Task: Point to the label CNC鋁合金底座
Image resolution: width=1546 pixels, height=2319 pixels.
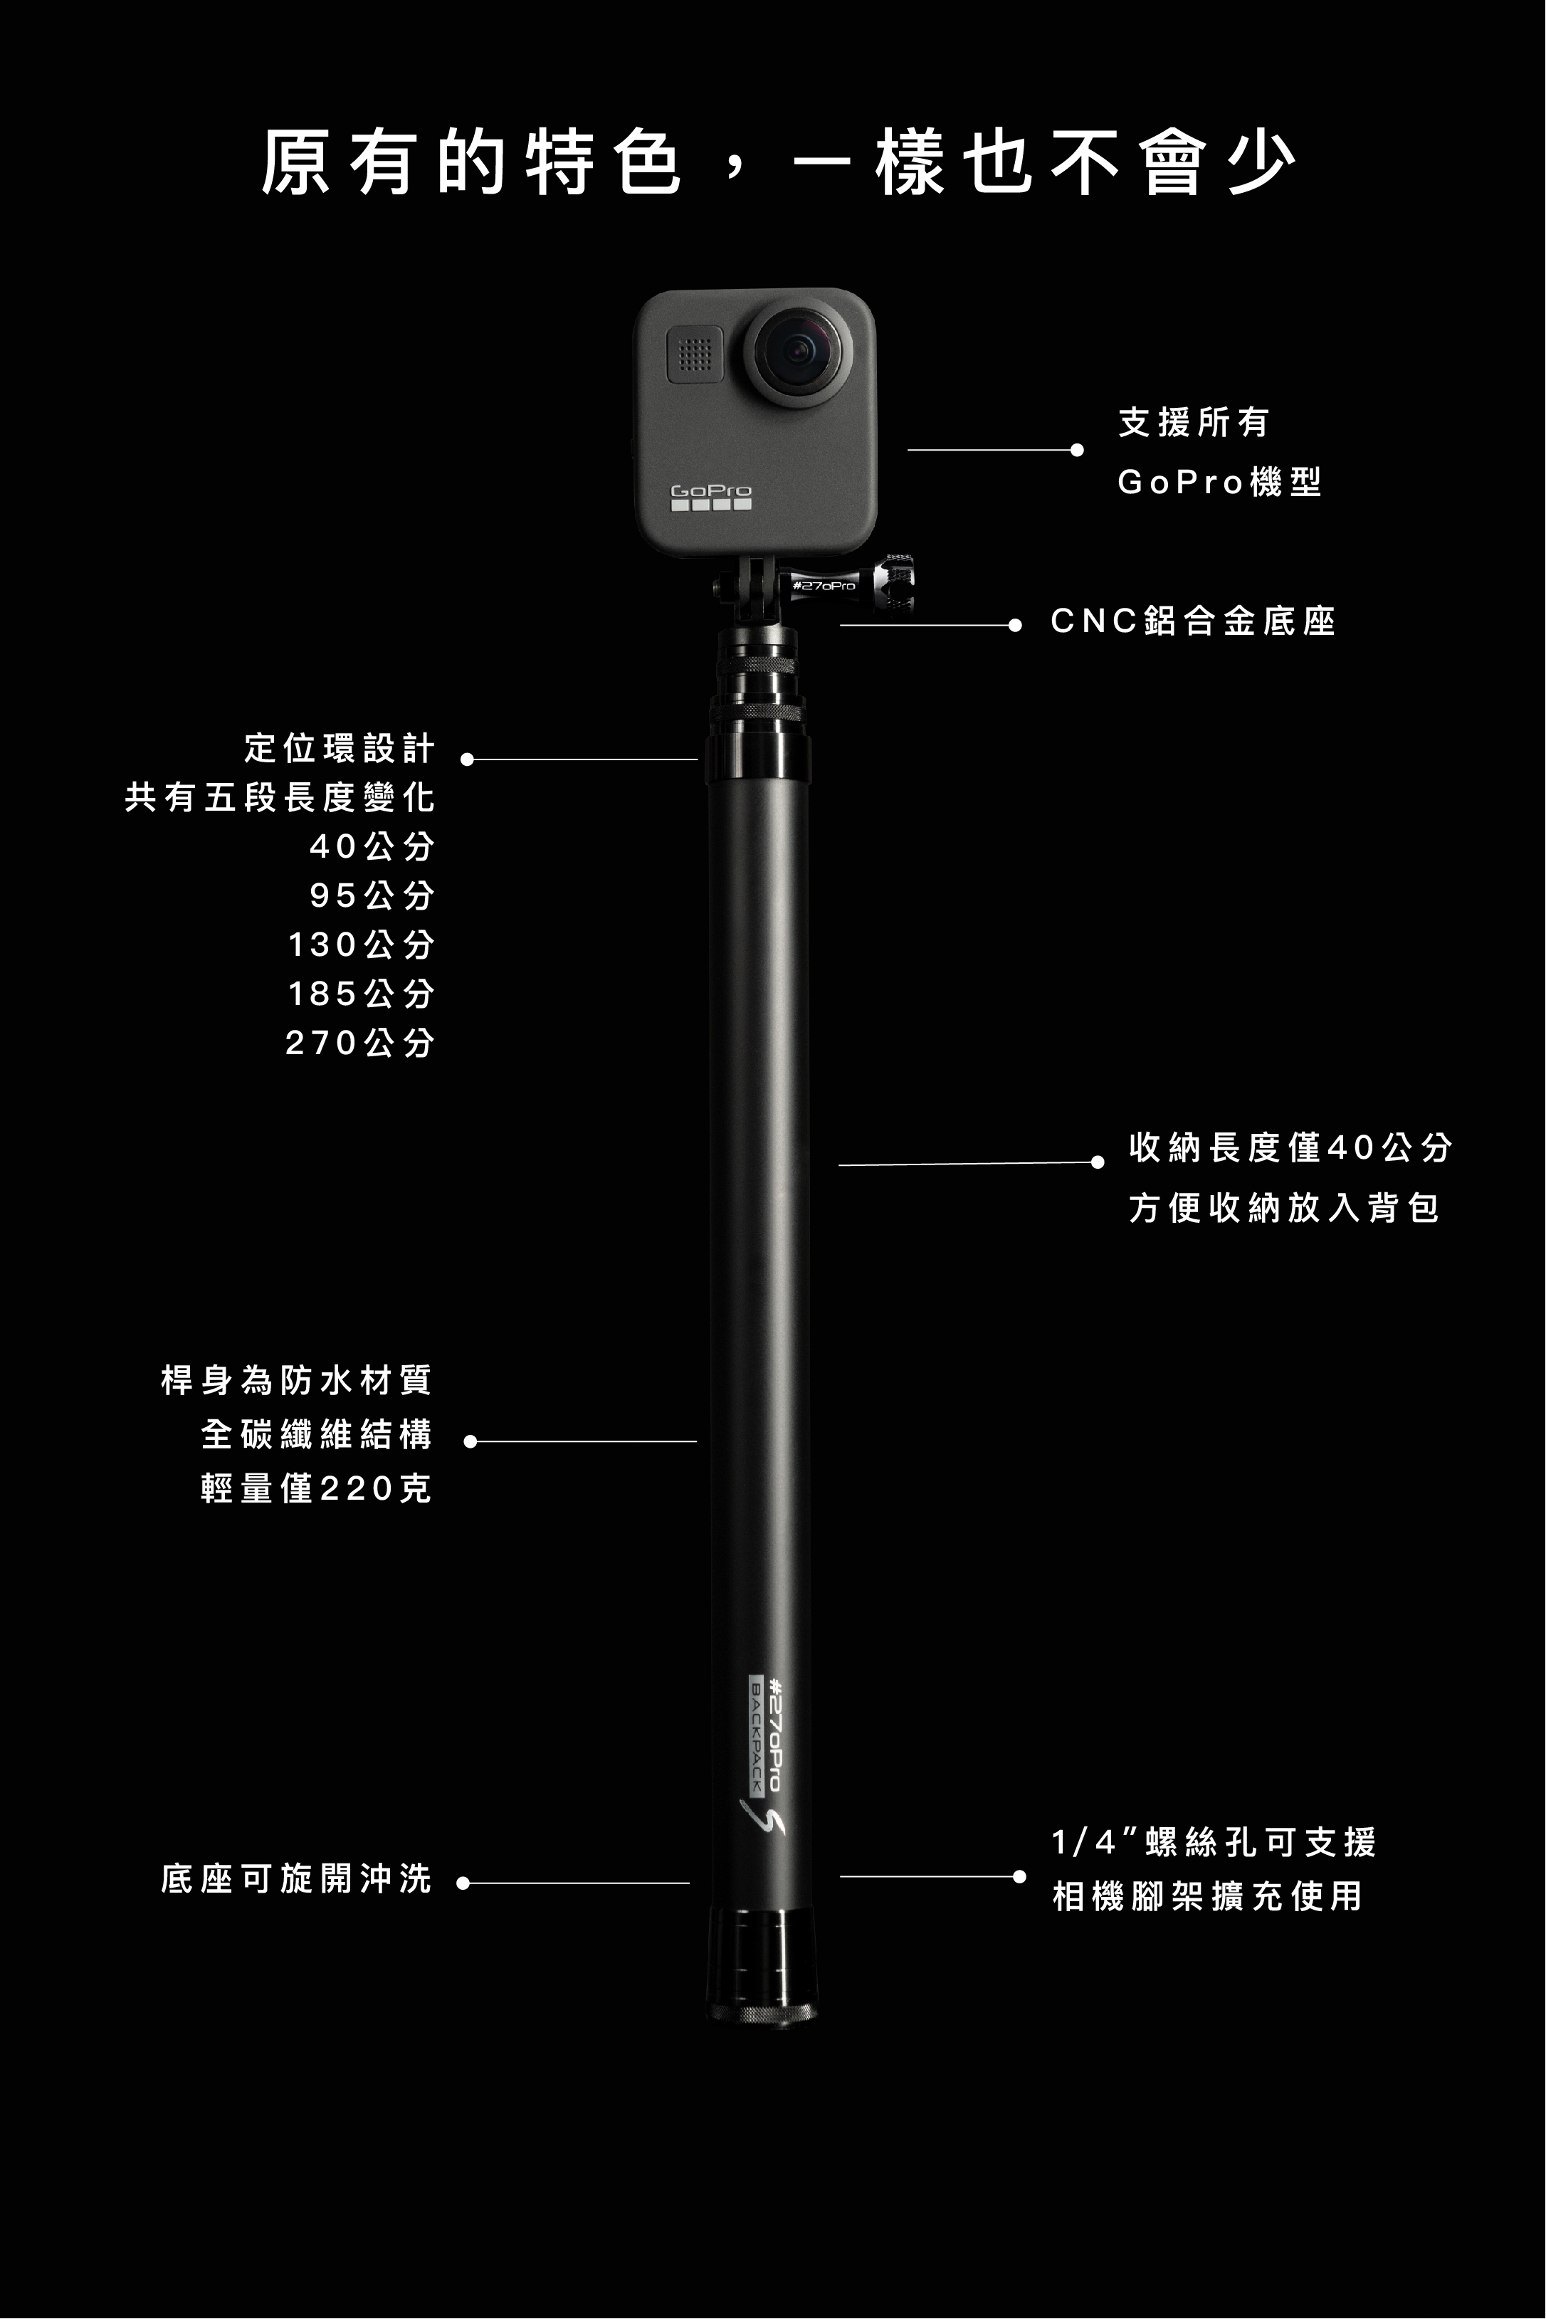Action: click(x=1193, y=622)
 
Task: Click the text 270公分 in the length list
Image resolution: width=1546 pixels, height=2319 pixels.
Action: click(x=360, y=1042)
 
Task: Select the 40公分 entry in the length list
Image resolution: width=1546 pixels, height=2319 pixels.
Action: click(x=372, y=846)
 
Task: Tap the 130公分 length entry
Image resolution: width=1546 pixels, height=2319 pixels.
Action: click(x=361, y=945)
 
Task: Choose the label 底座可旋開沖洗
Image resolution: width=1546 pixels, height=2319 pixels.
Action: click(x=297, y=1879)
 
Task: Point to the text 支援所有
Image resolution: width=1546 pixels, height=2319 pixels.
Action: click(x=1193, y=423)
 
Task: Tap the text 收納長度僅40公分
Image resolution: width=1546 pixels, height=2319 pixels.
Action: click(x=1290, y=1147)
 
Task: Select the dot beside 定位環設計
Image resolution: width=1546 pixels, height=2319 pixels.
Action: click(x=468, y=759)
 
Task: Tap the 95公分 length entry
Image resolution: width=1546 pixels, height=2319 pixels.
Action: click(x=372, y=895)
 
